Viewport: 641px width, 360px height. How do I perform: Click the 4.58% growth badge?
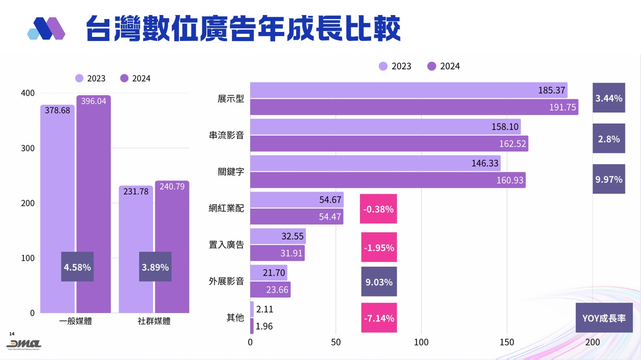(77, 267)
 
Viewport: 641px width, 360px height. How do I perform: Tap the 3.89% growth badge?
(155, 267)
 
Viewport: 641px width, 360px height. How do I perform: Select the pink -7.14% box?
(379, 318)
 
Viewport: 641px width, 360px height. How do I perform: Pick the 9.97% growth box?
(609, 179)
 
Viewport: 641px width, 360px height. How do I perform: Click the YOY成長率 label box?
(604, 318)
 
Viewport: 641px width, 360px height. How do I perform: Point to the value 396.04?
(93, 101)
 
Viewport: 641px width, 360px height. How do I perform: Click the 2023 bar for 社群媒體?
(136, 251)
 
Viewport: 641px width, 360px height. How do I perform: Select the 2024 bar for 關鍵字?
(387, 180)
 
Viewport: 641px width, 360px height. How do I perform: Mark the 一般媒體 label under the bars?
(76, 321)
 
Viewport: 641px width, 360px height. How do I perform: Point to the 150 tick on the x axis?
(507, 342)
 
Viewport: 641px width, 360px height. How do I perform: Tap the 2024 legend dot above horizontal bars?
(432, 66)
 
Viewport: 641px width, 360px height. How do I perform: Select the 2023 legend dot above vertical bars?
(80, 78)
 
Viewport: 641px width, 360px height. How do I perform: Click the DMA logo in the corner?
(24, 344)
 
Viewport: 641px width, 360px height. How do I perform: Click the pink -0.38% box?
(379, 209)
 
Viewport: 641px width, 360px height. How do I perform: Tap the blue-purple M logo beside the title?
(46, 29)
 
